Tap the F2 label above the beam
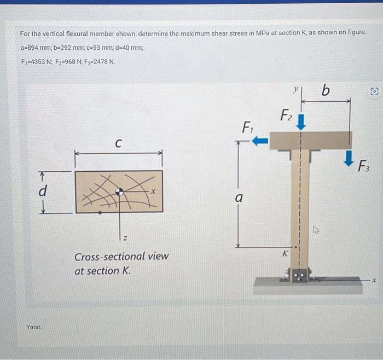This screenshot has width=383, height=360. coord(286,115)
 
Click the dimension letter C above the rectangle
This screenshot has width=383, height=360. coord(118,143)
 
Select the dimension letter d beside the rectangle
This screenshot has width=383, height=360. coord(42,191)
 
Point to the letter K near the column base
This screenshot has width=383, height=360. coord(285,253)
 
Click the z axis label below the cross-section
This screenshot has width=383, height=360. coord(125,237)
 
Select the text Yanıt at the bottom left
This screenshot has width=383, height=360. coord(33,327)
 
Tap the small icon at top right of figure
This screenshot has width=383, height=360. coord(375,92)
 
